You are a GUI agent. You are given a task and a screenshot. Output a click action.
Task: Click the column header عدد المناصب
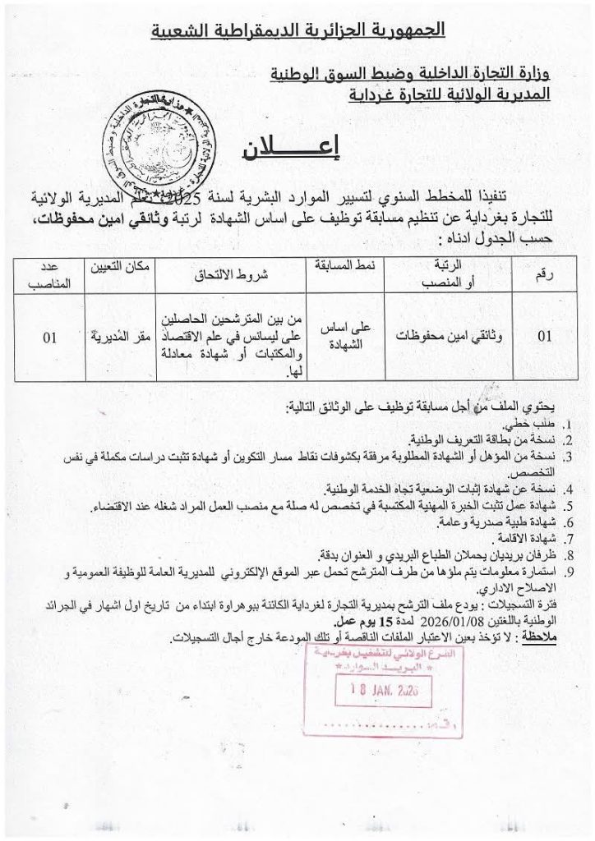51,274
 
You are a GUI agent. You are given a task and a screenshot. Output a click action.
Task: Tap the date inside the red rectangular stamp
374,692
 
